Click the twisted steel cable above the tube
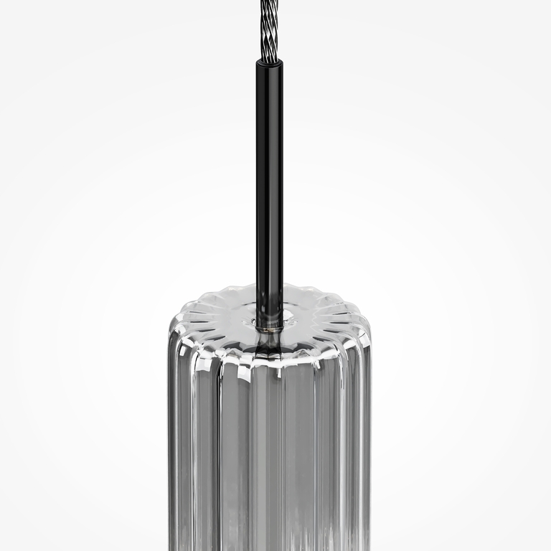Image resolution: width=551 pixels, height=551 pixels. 270,32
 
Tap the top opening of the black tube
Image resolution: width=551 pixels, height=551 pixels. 270,62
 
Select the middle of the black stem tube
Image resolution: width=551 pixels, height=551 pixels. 270,187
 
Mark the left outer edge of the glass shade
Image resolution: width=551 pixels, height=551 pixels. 171,445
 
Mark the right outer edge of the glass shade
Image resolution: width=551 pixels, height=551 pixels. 369,445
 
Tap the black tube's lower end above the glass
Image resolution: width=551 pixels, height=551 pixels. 270,301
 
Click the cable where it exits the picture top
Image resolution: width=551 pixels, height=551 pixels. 270,3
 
